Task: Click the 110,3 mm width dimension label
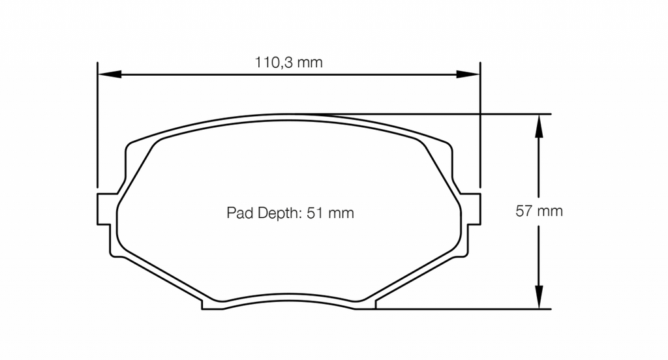pyautogui.click(x=288, y=63)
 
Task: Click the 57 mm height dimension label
pyautogui.click(x=539, y=211)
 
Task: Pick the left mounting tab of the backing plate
pyautogui.click(x=105, y=208)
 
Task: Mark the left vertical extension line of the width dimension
pyautogui.click(x=97, y=130)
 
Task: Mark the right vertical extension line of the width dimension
pyautogui.click(x=480, y=130)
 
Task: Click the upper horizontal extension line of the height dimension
pyautogui.click(x=457, y=114)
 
